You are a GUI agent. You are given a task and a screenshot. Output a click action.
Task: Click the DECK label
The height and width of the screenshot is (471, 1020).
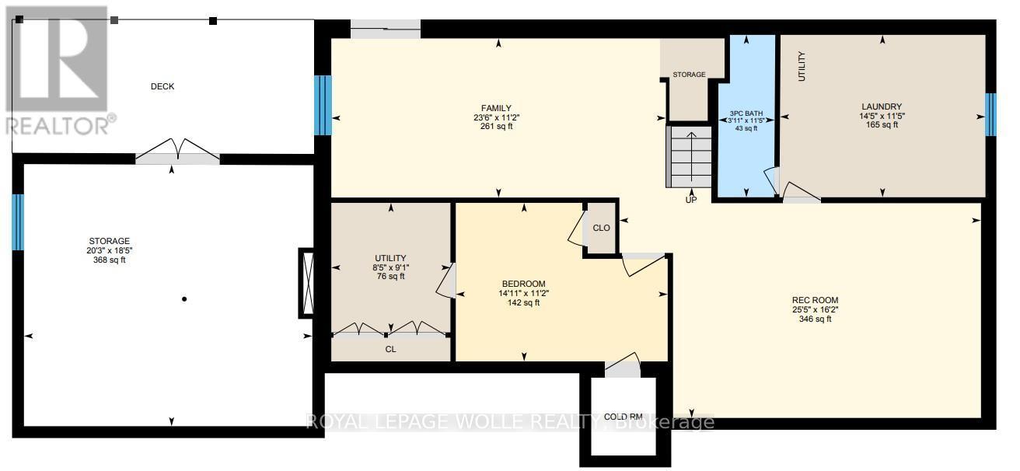click(x=162, y=86)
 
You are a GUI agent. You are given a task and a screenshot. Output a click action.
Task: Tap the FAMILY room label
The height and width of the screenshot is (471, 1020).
click(x=496, y=108)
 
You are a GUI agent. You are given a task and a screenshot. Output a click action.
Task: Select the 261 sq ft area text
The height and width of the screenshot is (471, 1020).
click(x=496, y=127)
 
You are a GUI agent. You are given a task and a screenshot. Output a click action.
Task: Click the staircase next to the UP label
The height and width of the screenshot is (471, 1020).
click(x=689, y=157)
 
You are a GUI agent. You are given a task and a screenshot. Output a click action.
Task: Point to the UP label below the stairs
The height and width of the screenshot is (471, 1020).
click(x=691, y=200)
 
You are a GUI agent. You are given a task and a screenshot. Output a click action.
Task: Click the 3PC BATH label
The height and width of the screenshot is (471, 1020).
click(x=746, y=113)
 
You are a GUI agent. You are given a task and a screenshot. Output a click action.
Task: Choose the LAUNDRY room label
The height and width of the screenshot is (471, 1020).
click(x=882, y=107)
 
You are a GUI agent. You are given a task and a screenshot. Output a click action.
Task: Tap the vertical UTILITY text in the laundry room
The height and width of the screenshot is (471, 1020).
click(x=802, y=66)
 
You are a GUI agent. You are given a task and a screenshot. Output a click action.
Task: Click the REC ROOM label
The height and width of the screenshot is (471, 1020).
click(x=815, y=300)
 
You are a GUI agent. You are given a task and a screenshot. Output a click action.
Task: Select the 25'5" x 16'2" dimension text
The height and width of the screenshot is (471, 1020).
click(x=815, y=310)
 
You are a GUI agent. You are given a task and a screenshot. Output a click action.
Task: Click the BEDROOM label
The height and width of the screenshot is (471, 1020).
click(x=524, y=284)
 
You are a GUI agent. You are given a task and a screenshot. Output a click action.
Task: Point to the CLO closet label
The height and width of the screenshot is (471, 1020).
click(x=602, y=228)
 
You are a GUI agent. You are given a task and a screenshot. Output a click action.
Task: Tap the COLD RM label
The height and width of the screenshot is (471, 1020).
click(x=623, y=417)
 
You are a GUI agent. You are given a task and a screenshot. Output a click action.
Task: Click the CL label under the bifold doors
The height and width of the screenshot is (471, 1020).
click(x=391, y=349)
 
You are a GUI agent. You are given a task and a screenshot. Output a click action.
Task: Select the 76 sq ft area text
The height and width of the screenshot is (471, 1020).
click(x=391, y=277)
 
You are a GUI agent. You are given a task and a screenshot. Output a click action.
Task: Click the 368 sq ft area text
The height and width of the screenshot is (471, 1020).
click(x=110, y=260)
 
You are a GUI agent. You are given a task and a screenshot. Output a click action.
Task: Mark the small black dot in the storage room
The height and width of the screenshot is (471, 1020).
click(x=184, y=299)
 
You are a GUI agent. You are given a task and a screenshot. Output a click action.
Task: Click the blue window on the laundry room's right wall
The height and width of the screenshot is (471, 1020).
click(x=990, y=115)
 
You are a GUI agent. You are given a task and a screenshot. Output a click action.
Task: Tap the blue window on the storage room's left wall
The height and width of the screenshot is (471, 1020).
click(x=18, y=222)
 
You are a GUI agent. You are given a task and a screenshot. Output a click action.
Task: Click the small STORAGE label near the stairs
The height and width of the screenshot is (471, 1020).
click(x=690, y=75)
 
